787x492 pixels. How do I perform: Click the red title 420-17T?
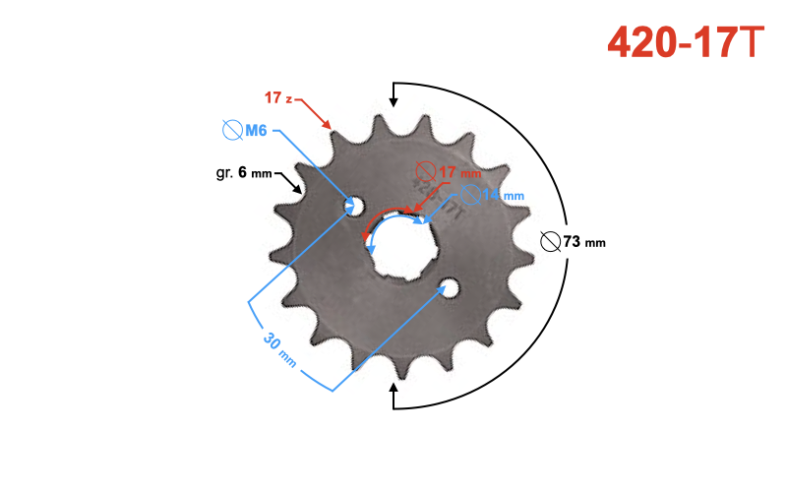click(x=685, y=40)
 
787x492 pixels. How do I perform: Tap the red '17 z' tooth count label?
click(x=278, y=97)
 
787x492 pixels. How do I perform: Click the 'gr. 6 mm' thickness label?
click(x=244, y=173)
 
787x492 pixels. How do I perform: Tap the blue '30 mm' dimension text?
click(x=279, y=350)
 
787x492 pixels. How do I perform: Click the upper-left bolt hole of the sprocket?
click(x=353, y=206)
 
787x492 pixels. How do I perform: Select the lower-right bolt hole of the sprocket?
click(x=450, y=287)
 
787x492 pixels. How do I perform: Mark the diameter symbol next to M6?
click(x=232, y=130)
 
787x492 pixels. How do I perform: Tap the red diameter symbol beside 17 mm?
click(x=425, y=170)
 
